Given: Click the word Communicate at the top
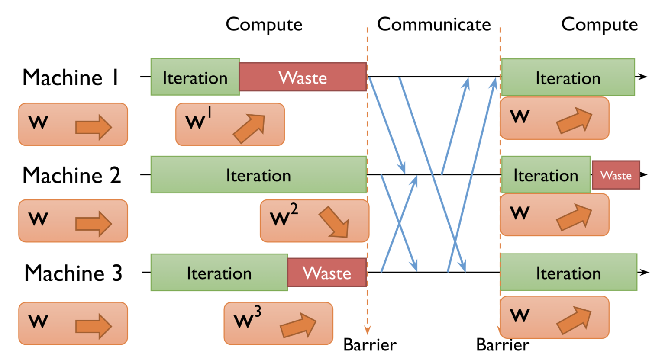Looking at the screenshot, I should point(434,25).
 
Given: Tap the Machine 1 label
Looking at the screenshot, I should point(71,78).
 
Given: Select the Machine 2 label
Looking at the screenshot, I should point(71,176).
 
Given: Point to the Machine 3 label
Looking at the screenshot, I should point(73,273).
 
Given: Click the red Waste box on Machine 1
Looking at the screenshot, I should point(303,77).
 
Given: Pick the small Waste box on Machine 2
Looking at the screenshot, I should point(616,175).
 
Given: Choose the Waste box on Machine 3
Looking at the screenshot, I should point(327,273).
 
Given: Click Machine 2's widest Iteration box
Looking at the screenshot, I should point(258,175).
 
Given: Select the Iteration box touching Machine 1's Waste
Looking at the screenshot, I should point(195,77).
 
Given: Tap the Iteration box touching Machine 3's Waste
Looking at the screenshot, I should point(219,273).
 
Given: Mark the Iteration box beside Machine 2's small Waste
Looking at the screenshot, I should point(546,175).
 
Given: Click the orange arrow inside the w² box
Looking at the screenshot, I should point(334,222).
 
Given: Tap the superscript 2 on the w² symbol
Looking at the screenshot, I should point(294,209).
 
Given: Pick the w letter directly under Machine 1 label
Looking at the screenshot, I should point(38,123).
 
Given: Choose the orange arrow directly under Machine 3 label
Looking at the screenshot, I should point(94,326).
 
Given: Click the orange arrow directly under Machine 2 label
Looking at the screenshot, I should point(94,223).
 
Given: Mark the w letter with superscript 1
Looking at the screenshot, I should point(195,122).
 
